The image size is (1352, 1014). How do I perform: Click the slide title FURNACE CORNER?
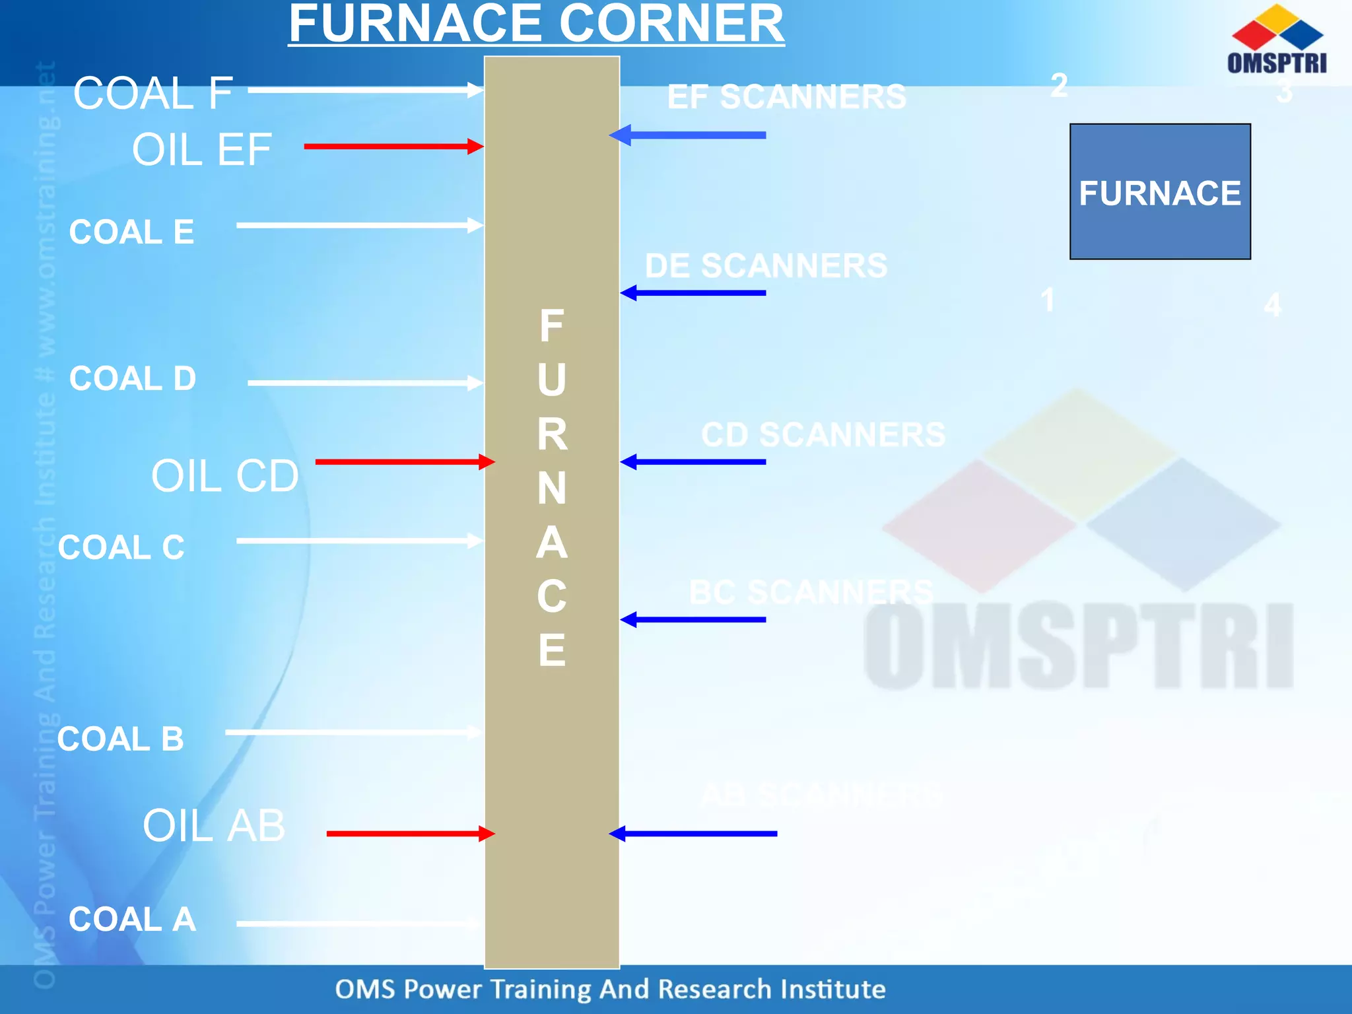[536, 24]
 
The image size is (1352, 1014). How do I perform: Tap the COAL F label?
[153, 93]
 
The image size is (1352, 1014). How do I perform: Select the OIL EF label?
[201, 150]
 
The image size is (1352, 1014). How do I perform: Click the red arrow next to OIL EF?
[393, 147]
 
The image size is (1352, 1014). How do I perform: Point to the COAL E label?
[131, 232]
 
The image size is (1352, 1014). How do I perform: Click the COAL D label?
[133, 379]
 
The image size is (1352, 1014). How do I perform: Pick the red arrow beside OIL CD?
[405, 461]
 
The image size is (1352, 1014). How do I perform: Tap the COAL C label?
[121, 548]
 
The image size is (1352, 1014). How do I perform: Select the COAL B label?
[121, 739]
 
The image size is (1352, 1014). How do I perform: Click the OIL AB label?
[214, 826]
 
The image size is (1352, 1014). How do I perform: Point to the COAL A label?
[132, 919]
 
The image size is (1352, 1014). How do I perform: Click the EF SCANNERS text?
[786, 97]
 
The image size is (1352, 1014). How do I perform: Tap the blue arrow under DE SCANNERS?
[693, 292]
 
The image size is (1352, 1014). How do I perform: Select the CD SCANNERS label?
[823, 435]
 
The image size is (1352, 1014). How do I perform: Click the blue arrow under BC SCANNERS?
[693, 620]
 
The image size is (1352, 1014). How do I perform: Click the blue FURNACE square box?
[1160, 191]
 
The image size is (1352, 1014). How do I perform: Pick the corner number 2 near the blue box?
[1059, 85]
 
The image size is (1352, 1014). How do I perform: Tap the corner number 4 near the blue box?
[1272, 305]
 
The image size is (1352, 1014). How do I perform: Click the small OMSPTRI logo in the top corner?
[1277, 40]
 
